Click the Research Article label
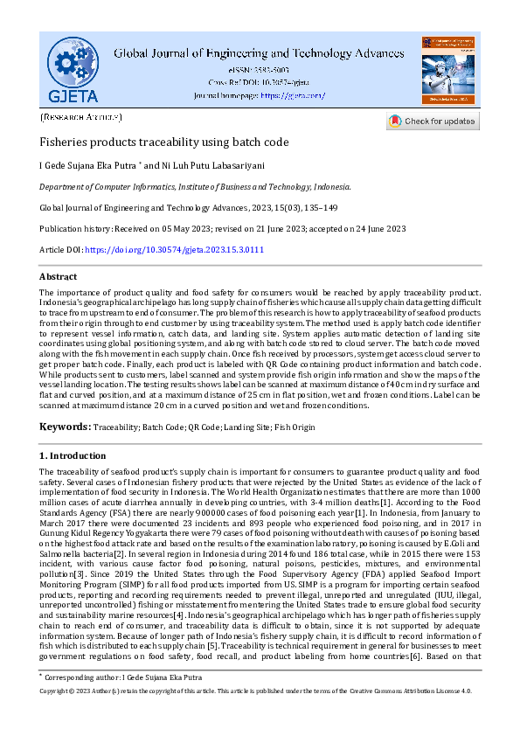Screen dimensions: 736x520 click(x=81, y=116)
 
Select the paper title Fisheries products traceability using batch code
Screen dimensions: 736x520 click(x=164, y=142)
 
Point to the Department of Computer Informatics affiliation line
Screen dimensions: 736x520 click(x=195, y=186)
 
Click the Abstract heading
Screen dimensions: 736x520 click(x=59, y=275)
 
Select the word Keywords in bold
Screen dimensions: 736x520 click(x=65, y=426)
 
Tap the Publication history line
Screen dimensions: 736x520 click(x=222, y=228)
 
